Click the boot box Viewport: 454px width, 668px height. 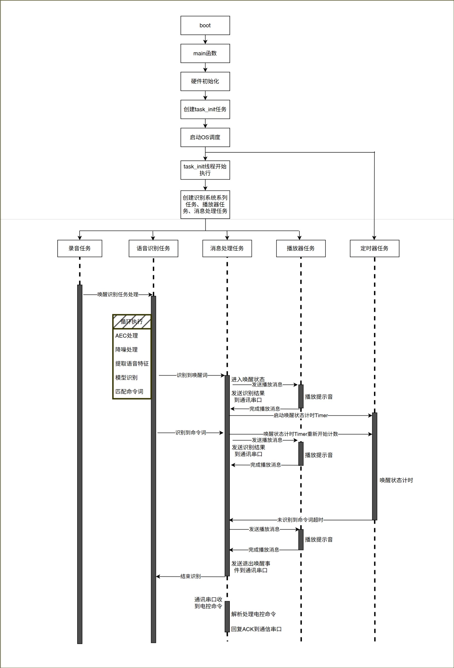coord(205,25)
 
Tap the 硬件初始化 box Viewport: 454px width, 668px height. coord(205,81)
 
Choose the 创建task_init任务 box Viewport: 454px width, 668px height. coord(205,109)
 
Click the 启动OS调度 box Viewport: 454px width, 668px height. coord(205,137)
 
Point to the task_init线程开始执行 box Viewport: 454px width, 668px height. coord(205,170)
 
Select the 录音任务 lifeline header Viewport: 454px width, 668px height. coord(80,248)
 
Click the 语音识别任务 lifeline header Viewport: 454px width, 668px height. coord(153,248)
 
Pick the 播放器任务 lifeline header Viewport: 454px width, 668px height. coord(301,248)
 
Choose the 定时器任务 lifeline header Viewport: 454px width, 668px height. coord(374,248)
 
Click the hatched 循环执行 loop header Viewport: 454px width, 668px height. coord(132,322)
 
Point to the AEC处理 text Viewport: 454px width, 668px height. coord(126,336)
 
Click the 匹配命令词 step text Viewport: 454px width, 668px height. coord(129,392)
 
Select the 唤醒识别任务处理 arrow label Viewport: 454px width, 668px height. coord(118,294)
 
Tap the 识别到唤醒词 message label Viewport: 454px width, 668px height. coord(192,375)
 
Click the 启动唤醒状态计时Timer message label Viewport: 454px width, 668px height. coord(300,415)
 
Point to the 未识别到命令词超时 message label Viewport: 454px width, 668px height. coord(300,520)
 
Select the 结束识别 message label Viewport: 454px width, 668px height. coord(190,576)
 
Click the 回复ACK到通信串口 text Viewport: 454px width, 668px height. coord(256,629)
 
